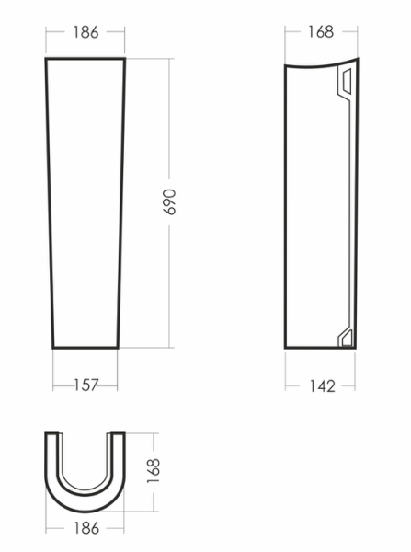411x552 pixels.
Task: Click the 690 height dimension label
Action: click(x=169, y=202)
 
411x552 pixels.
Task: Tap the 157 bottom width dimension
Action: click(x=86, y=385)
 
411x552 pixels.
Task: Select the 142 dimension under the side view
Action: click(x=323, y=386)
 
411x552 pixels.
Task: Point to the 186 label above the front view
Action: click(x=86, y=32)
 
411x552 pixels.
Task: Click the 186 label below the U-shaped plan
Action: click(x=86, y=528)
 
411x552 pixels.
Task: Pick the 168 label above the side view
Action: click(x=321, y=31)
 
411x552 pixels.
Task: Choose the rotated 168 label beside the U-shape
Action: click(x=154, y=471)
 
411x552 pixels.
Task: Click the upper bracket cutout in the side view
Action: click(x=347, y=82)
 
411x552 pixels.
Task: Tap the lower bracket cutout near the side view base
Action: click(x=347, y=338)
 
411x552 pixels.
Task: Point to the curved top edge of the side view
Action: click(x=321, y=66)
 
